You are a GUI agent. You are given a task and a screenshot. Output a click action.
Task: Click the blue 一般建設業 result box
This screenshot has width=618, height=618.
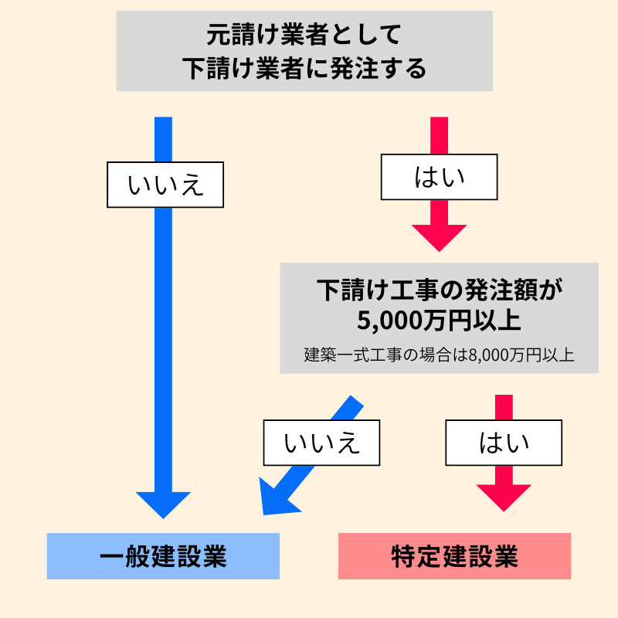(x=163, y=556)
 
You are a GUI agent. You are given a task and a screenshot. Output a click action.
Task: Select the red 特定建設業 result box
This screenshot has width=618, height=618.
(x=454, y=556)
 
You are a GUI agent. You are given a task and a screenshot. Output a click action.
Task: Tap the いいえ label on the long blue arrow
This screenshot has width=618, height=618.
(x=165, y=185)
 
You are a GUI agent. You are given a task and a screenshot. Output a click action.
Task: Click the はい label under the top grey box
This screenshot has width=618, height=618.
(x=439, y=177)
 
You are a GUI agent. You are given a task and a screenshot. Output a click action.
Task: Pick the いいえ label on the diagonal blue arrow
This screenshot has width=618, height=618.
(x=322, y=443)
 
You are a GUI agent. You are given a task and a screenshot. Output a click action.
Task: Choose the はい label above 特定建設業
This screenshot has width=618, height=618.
(x=504, y=443)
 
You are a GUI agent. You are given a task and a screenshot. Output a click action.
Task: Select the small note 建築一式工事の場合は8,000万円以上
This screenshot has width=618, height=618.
(x=439, y=356)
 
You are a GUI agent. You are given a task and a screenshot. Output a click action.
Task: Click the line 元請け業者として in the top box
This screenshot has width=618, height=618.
(x=304, y=35)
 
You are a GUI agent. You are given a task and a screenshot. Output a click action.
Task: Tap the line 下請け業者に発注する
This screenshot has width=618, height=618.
(x=304, y=69)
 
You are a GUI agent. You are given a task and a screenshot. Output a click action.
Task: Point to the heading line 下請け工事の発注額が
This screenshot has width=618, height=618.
(x=438, y=290)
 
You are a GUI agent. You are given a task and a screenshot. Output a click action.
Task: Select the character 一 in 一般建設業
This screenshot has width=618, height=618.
(x=112, y=556)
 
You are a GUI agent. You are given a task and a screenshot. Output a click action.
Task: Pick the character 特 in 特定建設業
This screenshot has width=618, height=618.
(x=404, y=556)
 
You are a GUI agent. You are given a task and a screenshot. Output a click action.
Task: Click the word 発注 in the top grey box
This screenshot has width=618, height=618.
(x=354, y=69)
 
